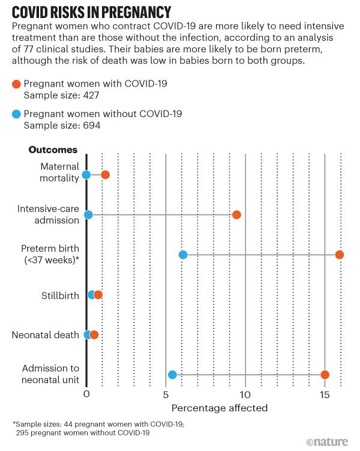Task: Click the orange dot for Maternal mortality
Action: pyautogui.click(x=105, y=175)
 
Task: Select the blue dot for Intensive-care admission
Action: pyautogui.click(x=88, y=215)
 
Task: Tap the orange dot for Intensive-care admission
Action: pyautogui.click(x=236, y=215)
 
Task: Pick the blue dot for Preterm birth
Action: pyautogui.click(x=183, y=255)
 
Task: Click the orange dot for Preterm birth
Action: pyautogui.click(x=340, y=255)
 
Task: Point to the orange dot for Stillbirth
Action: pyautogui.click(x=98, y=294)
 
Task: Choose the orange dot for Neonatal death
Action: pyautogui.click(x=94, y=334)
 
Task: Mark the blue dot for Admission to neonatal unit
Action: pyautogui.click(x=172, y=375)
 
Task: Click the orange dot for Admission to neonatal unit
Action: pyautogui.click(x=325, y=375)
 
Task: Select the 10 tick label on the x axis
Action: pyautogui.click(x=245, y=395)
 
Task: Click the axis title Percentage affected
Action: pyautogui.click(x=220, y=408)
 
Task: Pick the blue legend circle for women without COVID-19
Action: pyautogui.click(x=16, y=114)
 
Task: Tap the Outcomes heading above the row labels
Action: pyautogui.click(x=53, y=150)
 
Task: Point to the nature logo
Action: pyautogui.click(x=327, y=441)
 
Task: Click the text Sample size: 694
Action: pyautogui.click(x=61, y=126)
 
